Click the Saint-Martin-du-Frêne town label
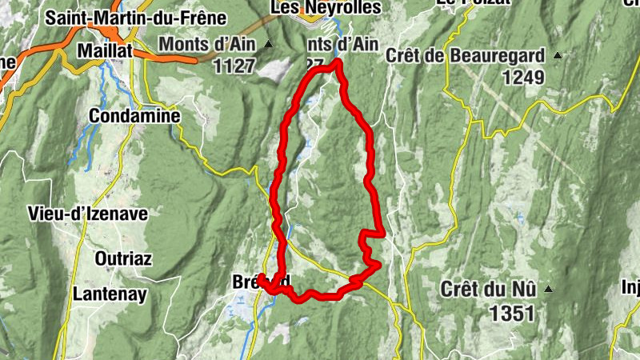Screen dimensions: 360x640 tap(136, 18)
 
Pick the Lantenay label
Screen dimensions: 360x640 tap(110, 294)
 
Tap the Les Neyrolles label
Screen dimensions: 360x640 tap(326, 7)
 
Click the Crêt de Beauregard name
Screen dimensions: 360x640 tap(465, 55)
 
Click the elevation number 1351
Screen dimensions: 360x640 tap(509, 314)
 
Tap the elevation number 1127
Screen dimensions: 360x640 tap(234, 67)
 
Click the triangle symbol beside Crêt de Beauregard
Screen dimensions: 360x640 tap(558, 55)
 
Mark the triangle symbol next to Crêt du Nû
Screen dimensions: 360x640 tap(548, 288)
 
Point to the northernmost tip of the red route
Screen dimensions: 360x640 tap(338, 62)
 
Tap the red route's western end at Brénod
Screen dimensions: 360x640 tap(260, 279)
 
